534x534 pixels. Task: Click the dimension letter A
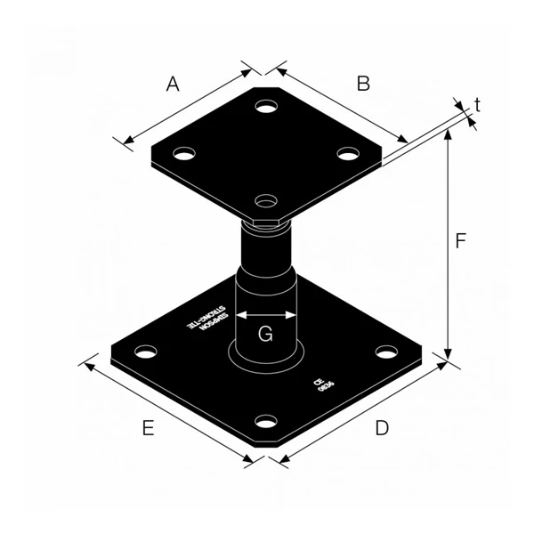[x=173, y=85]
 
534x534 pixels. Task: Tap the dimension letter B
[x=363, y=84]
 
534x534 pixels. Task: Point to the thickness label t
[x=478, y=105]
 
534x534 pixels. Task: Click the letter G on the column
[x=265, y=335]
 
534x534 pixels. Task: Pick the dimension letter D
[x=381, y=428]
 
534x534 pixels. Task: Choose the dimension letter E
[x=149, y=428]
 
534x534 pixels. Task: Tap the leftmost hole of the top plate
[x=184, y=153]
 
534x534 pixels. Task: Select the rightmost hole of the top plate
[x=348, y=153]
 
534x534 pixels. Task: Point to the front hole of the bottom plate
[x=264, y=421]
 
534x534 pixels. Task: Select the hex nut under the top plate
[x=266, y=222]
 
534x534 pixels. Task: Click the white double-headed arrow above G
[x=265, y=314]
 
